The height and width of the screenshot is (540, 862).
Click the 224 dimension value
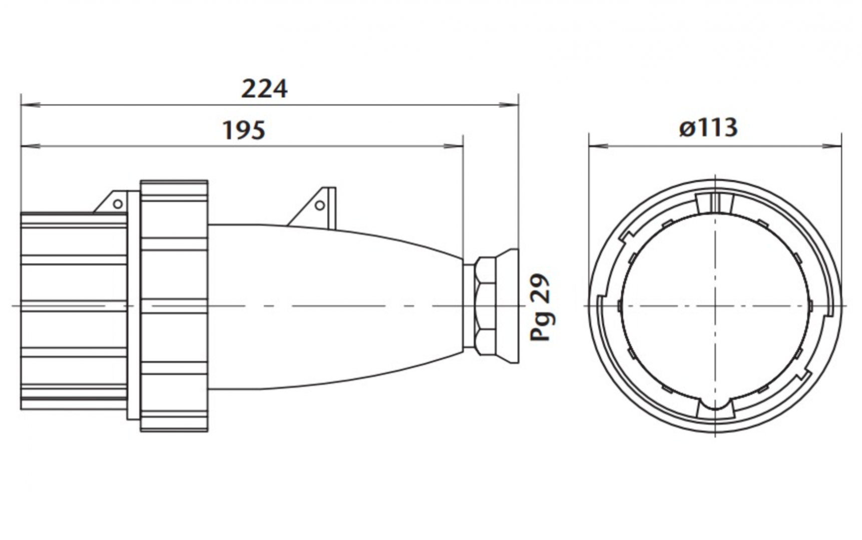(x=264, y=89)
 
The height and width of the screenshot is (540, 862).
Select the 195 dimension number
(x=244, y=130)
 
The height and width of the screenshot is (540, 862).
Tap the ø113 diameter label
(x=708, y=127)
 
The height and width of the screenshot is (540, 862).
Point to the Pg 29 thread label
(x=541, y=307)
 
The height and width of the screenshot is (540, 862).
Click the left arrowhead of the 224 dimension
(x=30, y=105)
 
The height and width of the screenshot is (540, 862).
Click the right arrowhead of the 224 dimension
(x=510, y=105)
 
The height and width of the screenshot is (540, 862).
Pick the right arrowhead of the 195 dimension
(x=454, y=146)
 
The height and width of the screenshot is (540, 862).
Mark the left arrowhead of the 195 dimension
(x=30, y=146)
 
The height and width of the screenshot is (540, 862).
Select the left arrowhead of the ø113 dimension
(x=598, y=146)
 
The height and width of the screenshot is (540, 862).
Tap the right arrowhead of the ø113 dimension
(x=832, y=146)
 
